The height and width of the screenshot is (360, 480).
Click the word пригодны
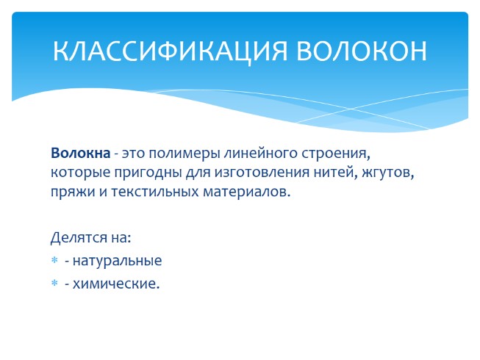click(135, 173)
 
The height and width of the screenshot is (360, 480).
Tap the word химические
click(115, 283)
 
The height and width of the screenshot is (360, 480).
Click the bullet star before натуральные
click(54, 261)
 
